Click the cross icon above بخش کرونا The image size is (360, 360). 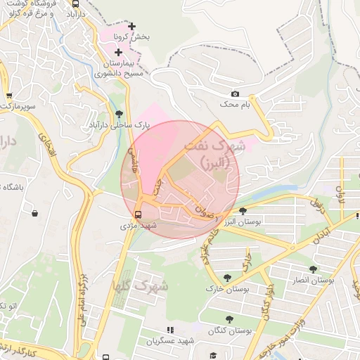click(x=131, y=26)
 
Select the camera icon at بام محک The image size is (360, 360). click(x=235, y=94)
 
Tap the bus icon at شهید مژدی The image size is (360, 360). click(x=137, y=214)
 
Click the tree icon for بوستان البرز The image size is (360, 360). click(x=243, y=210)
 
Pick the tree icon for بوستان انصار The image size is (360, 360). click(x=313, y=269)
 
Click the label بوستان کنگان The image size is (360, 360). click(x=229, y=330)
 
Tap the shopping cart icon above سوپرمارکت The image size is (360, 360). click(x=8, y=96)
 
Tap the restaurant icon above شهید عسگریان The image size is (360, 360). click(x=169, y=329)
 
